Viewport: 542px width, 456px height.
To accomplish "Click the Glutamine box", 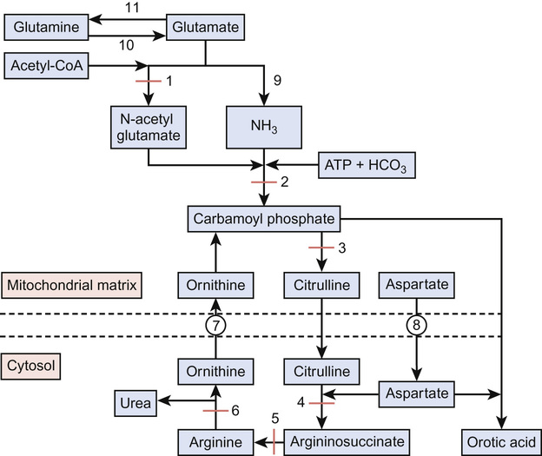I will point(47,28).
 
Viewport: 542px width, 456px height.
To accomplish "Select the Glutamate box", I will point(205,28).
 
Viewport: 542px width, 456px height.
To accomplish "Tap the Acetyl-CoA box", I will point(47,65).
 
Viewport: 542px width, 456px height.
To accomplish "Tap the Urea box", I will point(137,402).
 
